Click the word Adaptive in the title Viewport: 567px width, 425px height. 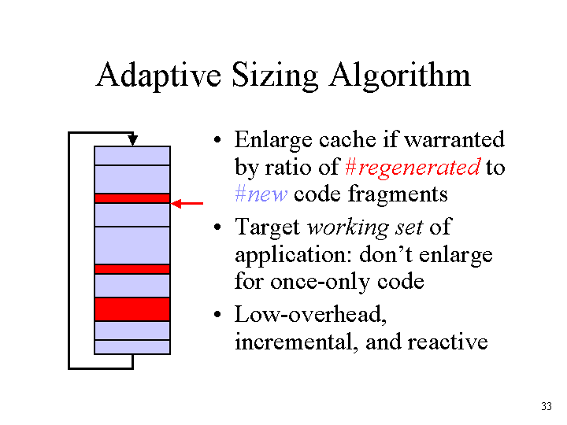point(158,76)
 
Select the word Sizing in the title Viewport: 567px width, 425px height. point(275,76)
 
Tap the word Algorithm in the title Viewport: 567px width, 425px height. point(399,76)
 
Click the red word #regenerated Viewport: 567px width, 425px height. point(413,168)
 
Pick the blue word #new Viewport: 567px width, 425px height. point(261,194)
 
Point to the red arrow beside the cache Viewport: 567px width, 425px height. point(187,204)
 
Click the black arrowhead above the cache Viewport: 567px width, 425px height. point(133,140)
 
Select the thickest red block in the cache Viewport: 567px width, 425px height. point(132,309)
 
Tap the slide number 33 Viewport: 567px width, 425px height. point(547,406)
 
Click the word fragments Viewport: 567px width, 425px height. point(398,194)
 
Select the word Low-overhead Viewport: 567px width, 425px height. point(310,314)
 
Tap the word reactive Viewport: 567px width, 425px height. point(447,342)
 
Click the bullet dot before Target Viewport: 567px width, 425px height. point(217,227)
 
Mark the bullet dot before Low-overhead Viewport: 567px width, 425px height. point(217,314)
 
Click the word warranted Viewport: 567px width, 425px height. point(454,139)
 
